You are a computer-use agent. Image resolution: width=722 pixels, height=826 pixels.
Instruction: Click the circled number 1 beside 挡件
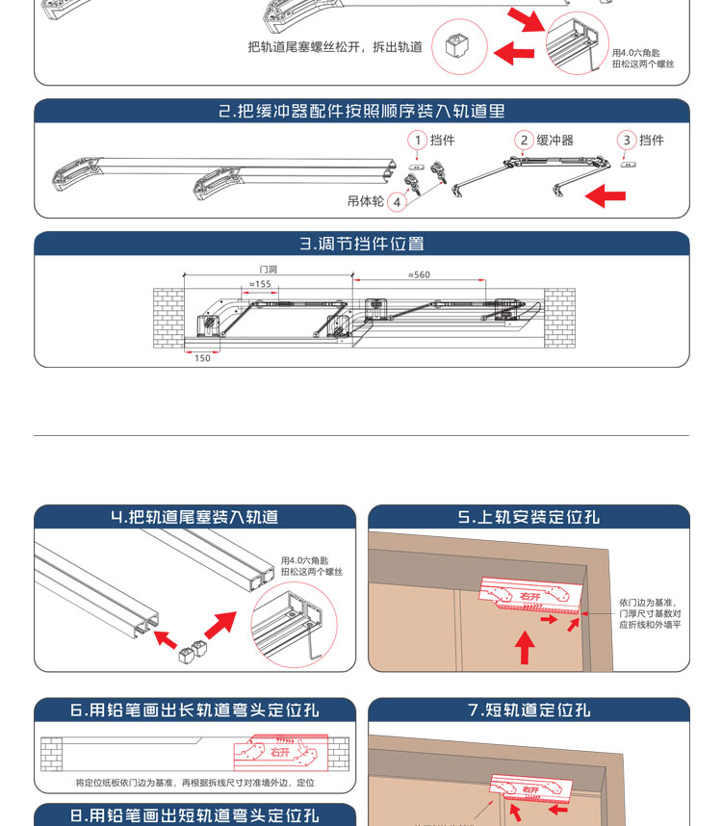[x=418, y=141]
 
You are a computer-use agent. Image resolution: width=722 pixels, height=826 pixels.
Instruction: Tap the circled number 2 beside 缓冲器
[x=524, y=141]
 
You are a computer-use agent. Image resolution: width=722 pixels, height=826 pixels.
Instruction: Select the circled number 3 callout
[x=628, y=141]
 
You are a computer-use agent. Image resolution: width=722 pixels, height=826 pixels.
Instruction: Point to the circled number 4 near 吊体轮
[x=397, y=202]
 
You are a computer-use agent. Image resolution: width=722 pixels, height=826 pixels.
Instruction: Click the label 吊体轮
[x=366, y=202]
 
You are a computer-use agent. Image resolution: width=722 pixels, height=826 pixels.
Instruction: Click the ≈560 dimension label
[x=419, y=275]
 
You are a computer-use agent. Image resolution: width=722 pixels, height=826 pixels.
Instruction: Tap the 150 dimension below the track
[x=202, y=358]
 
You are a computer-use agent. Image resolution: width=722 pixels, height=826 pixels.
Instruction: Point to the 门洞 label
[x=268, y=270]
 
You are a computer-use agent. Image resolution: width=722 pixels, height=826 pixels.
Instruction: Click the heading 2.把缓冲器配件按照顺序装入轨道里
[x=362, y=112]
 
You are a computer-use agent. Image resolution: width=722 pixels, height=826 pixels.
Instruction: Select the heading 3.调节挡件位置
[x=362, y=244]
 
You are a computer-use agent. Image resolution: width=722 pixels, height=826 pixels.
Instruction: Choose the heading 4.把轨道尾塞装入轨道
[x=194, y=517]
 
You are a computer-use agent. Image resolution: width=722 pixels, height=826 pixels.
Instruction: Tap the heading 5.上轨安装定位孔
[x=529, y=517]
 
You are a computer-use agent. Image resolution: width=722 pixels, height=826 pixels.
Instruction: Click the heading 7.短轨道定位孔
[x=529, y=710]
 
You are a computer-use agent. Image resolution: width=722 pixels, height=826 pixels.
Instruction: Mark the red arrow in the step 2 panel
[x=606, y=196]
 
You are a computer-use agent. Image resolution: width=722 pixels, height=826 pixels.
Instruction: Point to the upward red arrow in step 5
[x=525, y=647]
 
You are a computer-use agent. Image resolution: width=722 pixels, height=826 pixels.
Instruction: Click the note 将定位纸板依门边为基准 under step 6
[x=195, y=783]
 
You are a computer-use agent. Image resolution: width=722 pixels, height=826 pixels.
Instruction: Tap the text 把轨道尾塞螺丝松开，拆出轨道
[x=335, y=46]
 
